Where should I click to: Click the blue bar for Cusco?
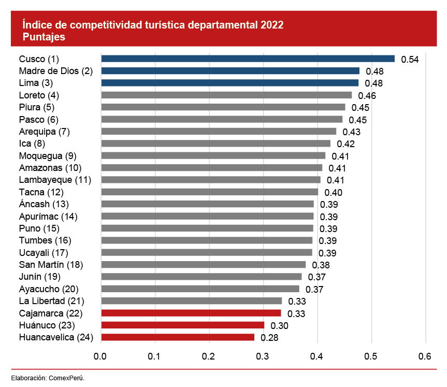(x=248, y=59)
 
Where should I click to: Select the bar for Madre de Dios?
(x=230, y=71)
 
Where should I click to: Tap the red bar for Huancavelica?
(x=178, y=337)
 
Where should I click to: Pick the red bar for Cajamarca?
(x=191, y=313)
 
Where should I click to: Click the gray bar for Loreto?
(x=226, y=95)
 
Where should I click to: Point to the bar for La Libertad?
(x=191, y=301)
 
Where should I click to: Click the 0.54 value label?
(x=410, y=60)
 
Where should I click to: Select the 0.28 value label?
(x=269, y=338)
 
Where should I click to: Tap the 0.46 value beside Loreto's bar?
(x=367, y=96)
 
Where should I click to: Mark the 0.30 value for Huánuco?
(x=279, y=326)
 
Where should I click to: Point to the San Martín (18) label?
(x=51, y=265)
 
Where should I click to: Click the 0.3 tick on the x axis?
(x=263, y=356)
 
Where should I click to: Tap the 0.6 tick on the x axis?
(x=425, y=356)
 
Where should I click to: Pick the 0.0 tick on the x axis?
(x=100, y=356)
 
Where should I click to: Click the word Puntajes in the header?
(x=44, y=37)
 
